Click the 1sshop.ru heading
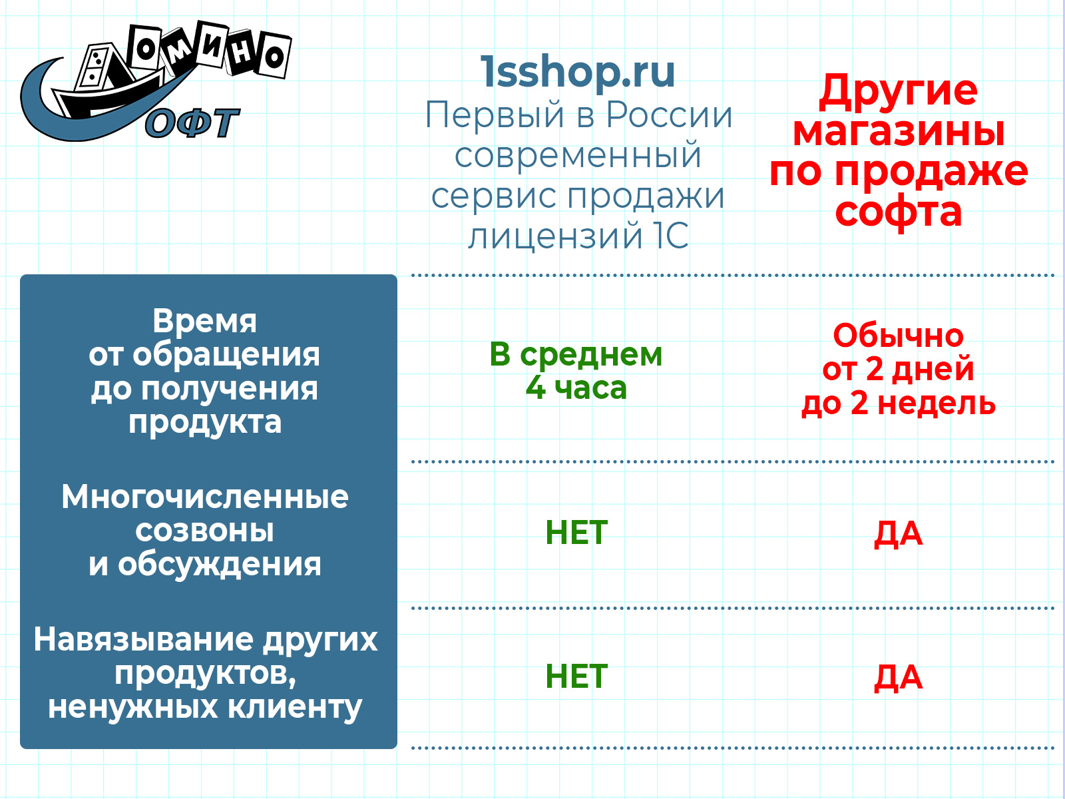click(x=577, y=73)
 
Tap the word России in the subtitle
click(x=669, y=115)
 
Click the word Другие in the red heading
click(x=898, y=91)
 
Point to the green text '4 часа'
click(x=576, y=388)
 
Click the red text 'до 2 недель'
click(x=898, y=403)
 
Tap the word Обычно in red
click(x=898, y=336)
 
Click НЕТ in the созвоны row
click(x=576, y=533)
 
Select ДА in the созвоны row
click(x=898, y=534)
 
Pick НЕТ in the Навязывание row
click(x=576, y=676)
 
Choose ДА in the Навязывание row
click(x=898, y=678)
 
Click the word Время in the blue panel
click(x=204, y=321)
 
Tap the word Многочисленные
click(x=205, y=497)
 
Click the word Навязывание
click(x=143, y=640)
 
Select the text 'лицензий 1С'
click(x=578, y=236)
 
